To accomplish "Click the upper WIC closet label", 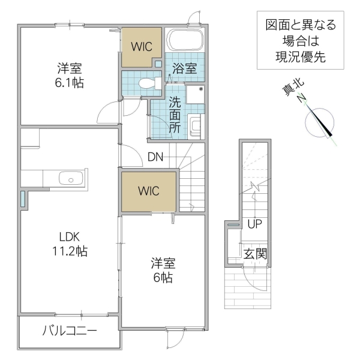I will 142,46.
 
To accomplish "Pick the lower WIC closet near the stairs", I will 148,191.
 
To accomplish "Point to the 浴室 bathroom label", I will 184,68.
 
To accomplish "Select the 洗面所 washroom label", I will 175,113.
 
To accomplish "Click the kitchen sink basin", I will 71,178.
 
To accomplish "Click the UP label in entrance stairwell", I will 254,224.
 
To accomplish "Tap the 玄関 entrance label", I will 255,253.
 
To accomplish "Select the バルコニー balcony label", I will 70,331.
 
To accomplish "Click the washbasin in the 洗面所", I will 196,127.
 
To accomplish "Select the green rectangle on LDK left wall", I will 23,199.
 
